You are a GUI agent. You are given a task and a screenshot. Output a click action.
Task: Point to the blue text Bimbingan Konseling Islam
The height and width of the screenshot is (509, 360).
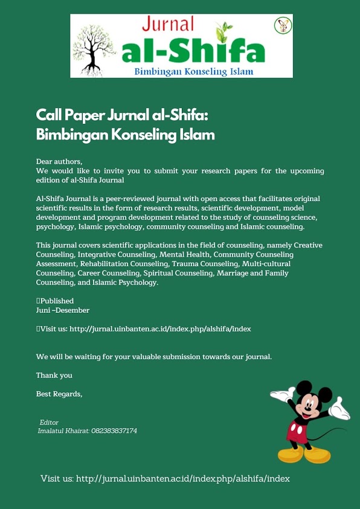click(x=193, y=72)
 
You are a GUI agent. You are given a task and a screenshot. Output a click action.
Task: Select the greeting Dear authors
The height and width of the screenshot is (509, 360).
click(x=59, y=162)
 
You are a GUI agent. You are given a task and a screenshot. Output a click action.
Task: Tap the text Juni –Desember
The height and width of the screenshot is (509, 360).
click(x=63, y=310)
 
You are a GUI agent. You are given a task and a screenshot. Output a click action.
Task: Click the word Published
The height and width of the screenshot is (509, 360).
click(x=57, y=301)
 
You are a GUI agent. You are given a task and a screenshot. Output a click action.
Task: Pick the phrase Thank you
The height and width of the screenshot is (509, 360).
click(x=54, y=375)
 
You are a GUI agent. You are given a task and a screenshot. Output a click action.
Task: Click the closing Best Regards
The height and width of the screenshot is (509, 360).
click(x=59, y=394)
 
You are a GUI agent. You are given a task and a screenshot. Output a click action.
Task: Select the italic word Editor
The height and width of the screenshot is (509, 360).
click(x=49, y=422)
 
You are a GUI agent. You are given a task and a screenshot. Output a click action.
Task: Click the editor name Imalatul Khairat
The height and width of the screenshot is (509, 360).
click(x=63, y=431)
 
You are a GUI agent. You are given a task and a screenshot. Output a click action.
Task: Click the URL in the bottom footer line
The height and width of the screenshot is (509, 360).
click(x=182, y=478)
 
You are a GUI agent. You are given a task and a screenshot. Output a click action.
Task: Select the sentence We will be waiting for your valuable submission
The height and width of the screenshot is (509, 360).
click(x=154, y=356)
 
